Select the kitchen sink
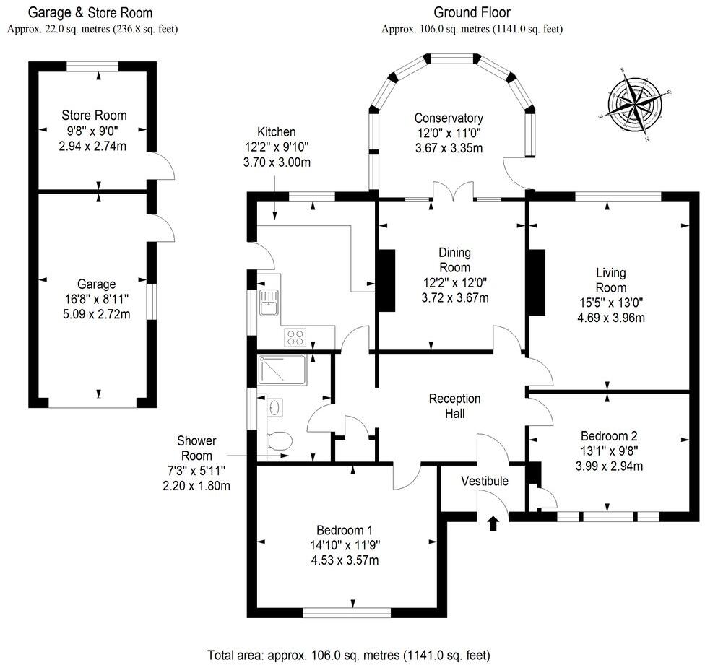[x=269, y=303]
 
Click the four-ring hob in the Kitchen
[x=297, y=336]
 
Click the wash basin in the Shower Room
[x=275, y=408]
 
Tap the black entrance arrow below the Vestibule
[x=494, y=523]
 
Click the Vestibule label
[x=485, y=482]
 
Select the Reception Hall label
[x=454, y=407]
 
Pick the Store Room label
[x=94, y=116]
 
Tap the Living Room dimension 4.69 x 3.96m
[x=610, y=317]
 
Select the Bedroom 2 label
[x=609, y=436]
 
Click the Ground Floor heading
[x=472, y=12]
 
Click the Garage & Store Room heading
[x=90, y=12]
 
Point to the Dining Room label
[x=455, y=260]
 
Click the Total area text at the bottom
[x=349, y=655]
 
